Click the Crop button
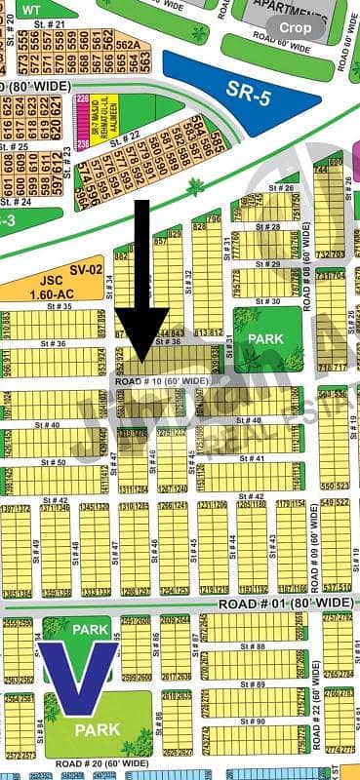pyautogui.click(x=296, y=28)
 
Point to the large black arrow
pyautogui.click(x=140, y=283)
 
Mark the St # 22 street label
pyautogui.click(x=130, y=134)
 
